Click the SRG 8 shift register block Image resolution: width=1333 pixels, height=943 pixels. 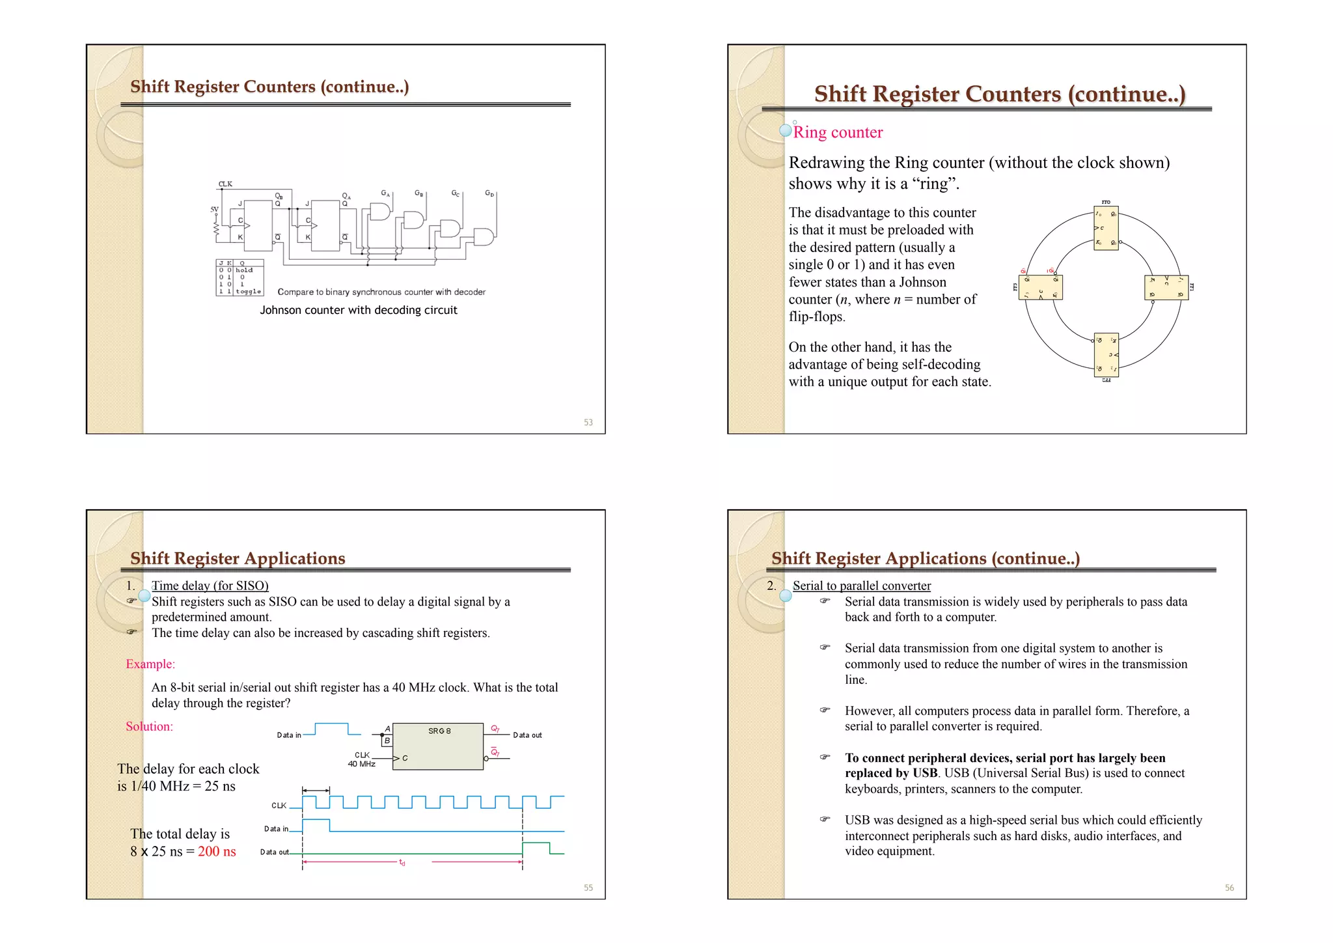point(437,746)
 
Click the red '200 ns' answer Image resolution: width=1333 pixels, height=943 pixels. point(217,851)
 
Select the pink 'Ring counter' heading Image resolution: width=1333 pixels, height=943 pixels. point(838,132)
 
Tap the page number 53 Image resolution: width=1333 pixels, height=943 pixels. point(588,423)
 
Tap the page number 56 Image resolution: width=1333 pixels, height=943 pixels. point(1229,888)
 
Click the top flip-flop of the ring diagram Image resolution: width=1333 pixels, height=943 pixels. point(1106,229)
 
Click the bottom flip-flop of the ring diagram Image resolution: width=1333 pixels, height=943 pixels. point(1106,355)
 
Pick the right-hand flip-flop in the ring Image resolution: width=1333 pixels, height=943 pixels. point(1166,287)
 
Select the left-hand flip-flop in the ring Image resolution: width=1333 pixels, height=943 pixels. point(1040,287)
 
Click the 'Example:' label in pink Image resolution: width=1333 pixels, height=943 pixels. point(150,664)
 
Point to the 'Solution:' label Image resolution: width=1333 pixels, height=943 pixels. point(150,727)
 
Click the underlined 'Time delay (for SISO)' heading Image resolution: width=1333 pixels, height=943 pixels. point(210,585)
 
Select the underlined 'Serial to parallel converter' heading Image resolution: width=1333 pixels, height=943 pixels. point(861,585)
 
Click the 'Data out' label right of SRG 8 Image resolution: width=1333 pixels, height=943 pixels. point(527,735)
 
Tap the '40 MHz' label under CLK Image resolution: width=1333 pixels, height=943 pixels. point(361,764)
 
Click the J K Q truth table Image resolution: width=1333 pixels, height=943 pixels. point(239,277)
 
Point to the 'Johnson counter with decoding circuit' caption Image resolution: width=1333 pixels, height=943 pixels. point(359,310)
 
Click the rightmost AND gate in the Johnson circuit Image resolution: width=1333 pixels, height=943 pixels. point(484,237)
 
